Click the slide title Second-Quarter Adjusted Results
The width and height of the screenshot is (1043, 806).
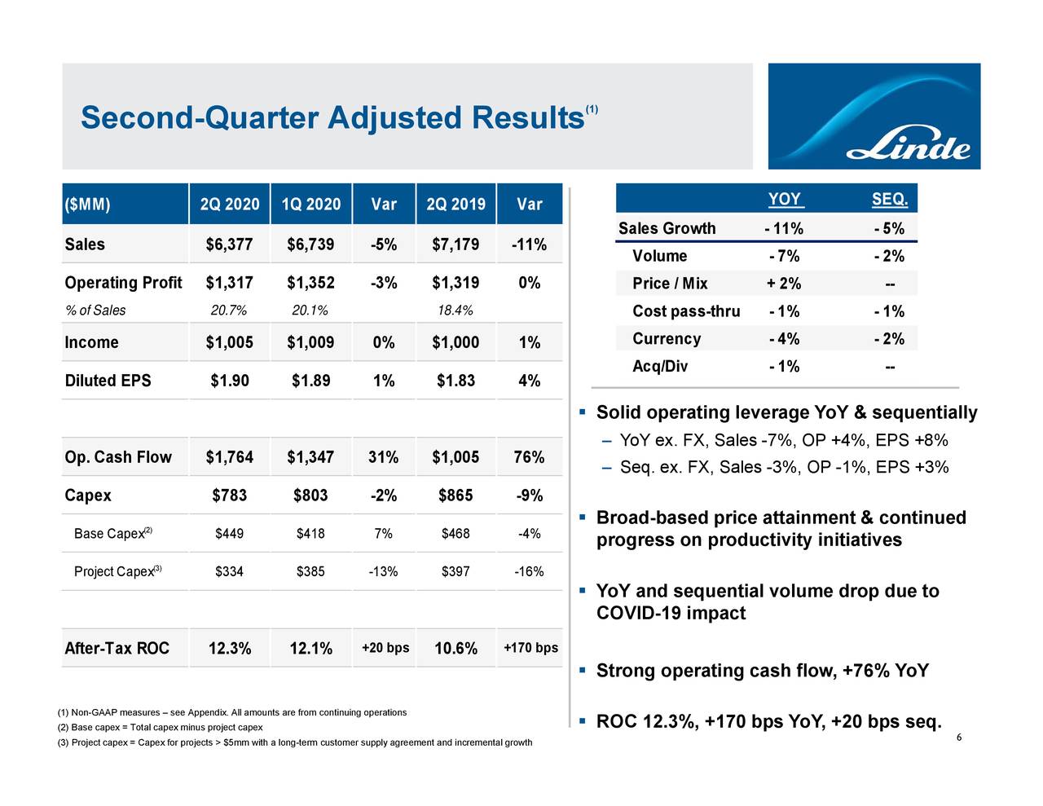332,117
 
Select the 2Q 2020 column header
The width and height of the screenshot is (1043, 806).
230,204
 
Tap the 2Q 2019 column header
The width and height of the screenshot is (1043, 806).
455,204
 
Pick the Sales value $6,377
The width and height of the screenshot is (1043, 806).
230,244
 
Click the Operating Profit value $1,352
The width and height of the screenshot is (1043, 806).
310,283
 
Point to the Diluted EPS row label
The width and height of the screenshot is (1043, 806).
108,381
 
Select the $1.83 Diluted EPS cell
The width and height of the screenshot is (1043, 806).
455,381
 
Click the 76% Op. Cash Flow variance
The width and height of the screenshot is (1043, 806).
529,457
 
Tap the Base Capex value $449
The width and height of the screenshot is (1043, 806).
229,534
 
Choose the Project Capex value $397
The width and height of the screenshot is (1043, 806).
455,571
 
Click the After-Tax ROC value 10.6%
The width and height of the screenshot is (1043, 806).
455,649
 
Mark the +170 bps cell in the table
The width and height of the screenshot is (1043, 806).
530,648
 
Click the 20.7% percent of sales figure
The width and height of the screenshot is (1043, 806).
228,310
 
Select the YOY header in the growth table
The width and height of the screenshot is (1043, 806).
784,200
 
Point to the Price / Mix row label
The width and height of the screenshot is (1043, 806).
670,284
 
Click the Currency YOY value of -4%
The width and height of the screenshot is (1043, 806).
784,339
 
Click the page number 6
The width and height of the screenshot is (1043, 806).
959,738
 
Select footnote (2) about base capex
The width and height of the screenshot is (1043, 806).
160,727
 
